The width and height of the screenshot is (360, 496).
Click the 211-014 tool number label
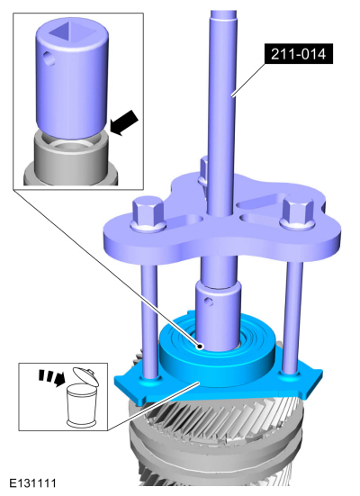tap(298, 54)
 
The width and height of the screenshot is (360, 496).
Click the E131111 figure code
tap(32, 483)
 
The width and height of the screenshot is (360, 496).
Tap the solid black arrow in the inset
tap(124, 122)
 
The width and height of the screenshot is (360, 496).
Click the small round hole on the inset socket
tap(49, 59)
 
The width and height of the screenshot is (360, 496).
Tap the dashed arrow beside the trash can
tap(52, 377)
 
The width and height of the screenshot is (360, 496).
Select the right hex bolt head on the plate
tap(297, 212)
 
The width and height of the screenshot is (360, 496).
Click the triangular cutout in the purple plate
tap(259, 203)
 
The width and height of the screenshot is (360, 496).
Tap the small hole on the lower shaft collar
tap(208, 301)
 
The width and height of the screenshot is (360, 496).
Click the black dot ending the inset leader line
tap(200, 347)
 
